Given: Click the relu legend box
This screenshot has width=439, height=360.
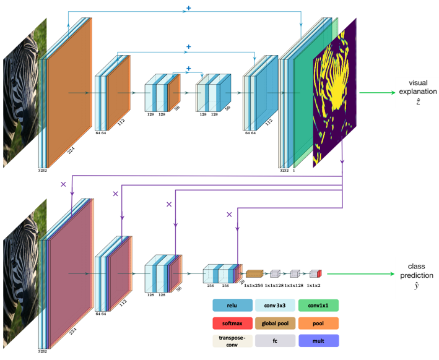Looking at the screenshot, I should click(232, 305).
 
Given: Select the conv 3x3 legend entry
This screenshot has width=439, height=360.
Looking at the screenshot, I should click(275, 305).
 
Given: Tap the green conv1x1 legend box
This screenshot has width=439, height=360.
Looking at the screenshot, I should click(318, 305).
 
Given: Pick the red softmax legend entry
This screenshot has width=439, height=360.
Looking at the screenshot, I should click(232, 323).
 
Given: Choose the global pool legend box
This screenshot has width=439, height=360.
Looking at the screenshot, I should click(275, 323).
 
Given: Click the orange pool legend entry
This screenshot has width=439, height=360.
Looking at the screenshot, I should click(318, 323).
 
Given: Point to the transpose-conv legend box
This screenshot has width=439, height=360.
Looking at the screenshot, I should click(232, 340).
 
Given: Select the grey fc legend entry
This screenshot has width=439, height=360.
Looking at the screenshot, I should click(275, 340).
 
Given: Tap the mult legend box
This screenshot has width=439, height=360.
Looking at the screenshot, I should click(318, 340).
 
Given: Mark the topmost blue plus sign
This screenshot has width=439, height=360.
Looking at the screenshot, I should click(188, 9).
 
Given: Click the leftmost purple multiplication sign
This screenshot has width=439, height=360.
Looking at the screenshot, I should click(63, 184).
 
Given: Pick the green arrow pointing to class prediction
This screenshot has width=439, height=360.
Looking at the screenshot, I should click(359, 273).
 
